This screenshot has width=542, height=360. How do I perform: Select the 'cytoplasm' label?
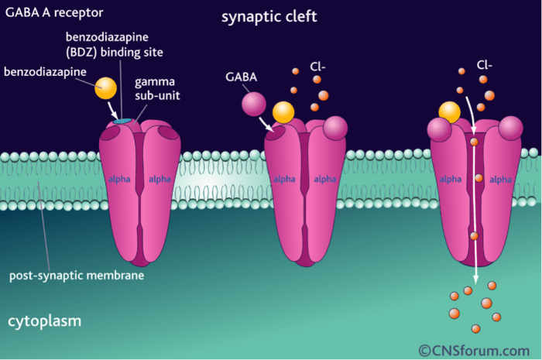pos(45,320)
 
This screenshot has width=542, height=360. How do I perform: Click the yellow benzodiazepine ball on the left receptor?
pos(106,87)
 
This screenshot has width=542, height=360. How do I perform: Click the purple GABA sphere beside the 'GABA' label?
pos(253,103)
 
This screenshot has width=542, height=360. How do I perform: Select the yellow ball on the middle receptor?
pos(283,113)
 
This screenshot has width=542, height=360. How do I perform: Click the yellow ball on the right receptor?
pos(450,113)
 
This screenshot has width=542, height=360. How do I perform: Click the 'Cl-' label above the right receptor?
pos(485,67)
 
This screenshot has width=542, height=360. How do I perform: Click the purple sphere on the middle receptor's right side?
pos(335,128)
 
